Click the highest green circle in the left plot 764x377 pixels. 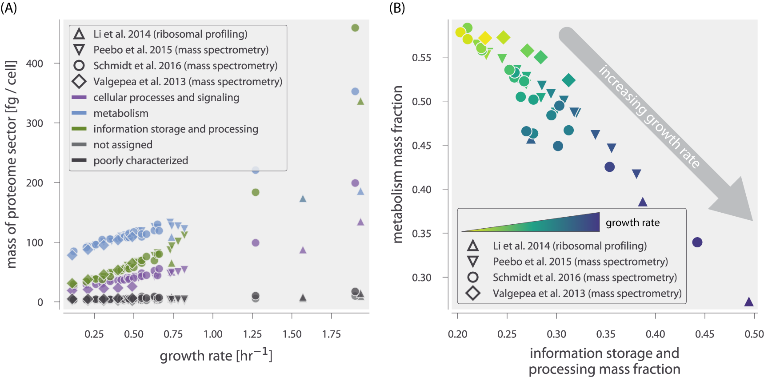point(355,28)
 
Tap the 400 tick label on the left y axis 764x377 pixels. point(35,63)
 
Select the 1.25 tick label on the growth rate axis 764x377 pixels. point(252,334)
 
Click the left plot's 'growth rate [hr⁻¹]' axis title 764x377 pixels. point(216,355)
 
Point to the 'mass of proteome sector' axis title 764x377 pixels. point(12,164)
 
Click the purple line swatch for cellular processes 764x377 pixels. point(79,97)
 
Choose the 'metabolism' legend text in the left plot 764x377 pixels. point(121,113)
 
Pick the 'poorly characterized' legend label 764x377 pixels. point(140,160)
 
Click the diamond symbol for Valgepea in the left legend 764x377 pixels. point(79,81)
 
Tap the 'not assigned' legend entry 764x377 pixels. point(123,145)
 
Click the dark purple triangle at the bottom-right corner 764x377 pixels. point(749,302)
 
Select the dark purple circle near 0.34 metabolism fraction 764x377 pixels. point(697,242)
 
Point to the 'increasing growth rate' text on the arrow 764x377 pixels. point(649,116)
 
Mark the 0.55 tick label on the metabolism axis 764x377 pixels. point(421,58)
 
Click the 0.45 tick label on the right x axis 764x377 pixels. point(704,334)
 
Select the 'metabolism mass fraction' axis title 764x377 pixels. point(397,164)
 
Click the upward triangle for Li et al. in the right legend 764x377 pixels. point(473,246)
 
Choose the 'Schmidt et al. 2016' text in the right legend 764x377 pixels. point(584,278)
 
